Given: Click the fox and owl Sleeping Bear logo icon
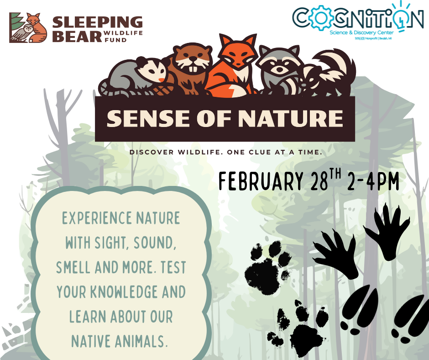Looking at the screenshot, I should click(28, 28).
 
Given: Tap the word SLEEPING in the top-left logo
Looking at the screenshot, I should click(98, 22).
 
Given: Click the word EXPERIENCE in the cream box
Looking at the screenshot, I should click(92, 218).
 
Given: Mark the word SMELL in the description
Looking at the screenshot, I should click(73, 267).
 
